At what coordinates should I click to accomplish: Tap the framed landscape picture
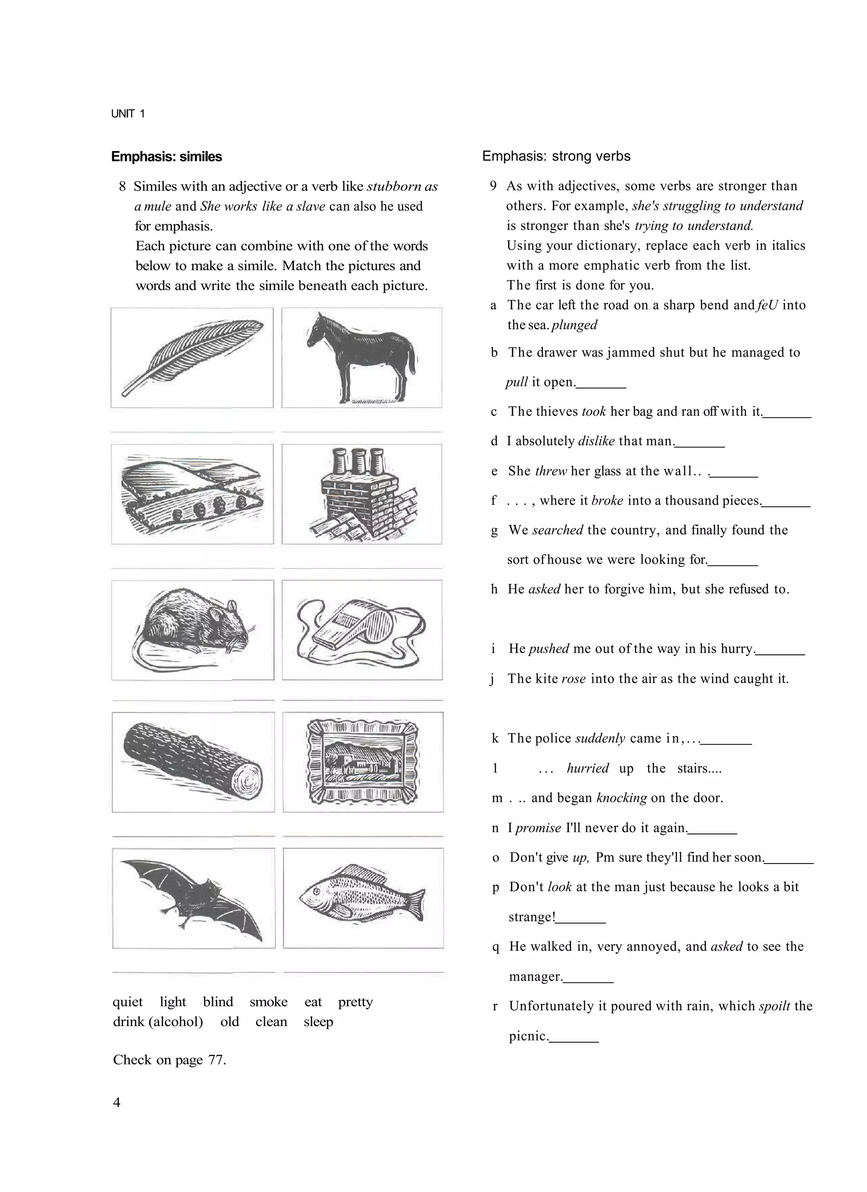click(x=363, y=762)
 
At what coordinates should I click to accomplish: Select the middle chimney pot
click(x=361, y=461)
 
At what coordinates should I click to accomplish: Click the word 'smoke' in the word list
click(x=269, y=1002)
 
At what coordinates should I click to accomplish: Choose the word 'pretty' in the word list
click(x=356, y=1002)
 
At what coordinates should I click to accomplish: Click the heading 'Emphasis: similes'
click(x=167, y=157)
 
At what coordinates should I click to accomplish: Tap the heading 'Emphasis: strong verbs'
click(x=556, y=156)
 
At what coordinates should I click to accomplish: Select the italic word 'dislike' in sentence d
click(x=596, y=441)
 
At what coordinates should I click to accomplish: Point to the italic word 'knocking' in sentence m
click(x=621, y=798)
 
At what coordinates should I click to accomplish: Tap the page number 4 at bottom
click(x=117, y=1102)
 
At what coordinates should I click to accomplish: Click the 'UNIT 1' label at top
click(x=128, y=113)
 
